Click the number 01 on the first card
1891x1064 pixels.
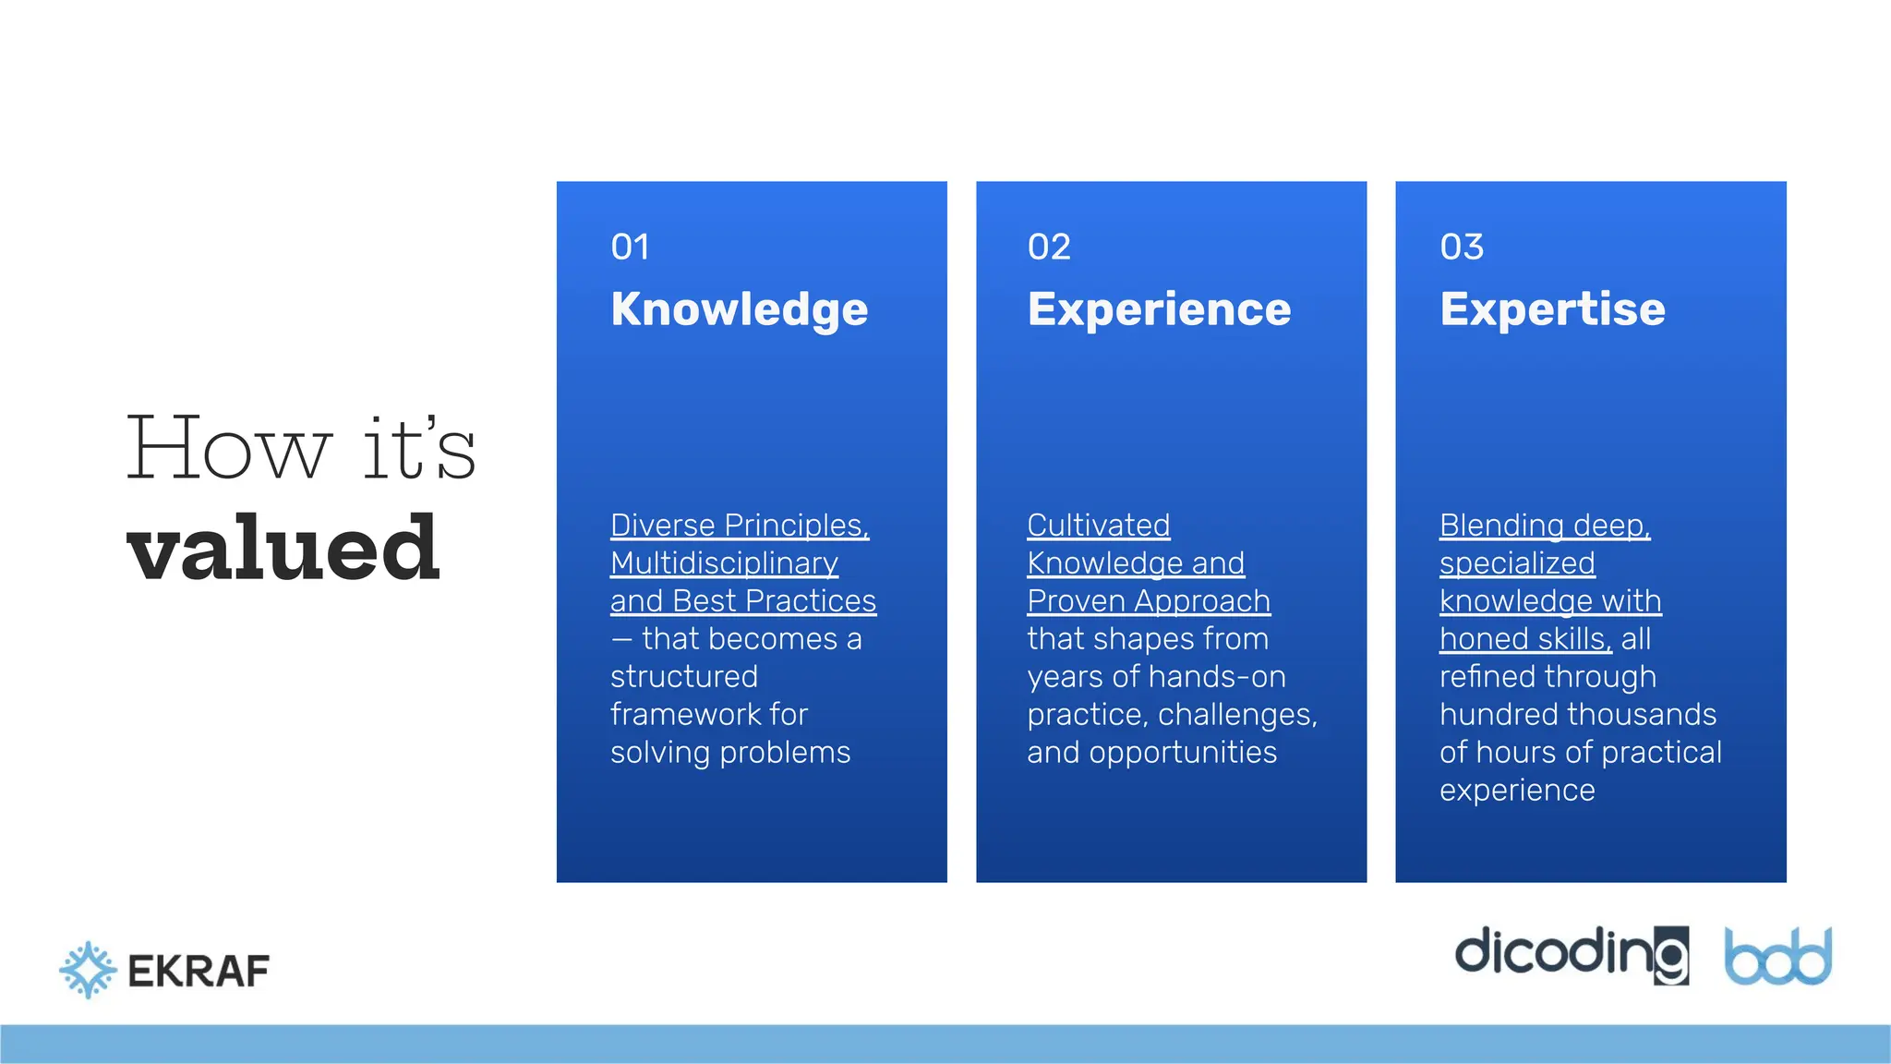pyautogui.click(x=630, y=247)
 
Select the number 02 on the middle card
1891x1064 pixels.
pyautogui.click(x=1049, y=247)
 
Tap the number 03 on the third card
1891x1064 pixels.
pyautogui.click(x=1462, y=247)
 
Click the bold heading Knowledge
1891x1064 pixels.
pyautogui.click(x=739, y=309)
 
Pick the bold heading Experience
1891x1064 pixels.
pyautogui.click(x=1159, y=309)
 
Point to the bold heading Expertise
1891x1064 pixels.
pyautogui.click(x=1552, y=309)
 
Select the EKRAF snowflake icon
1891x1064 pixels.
pyautogui.click(x=88, y=970)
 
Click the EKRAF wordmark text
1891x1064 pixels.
pyautogui.click(x=199, y=971)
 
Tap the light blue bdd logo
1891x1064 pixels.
pyautogui.click(x=1777, y=957)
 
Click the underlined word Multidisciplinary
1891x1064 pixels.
pyautogui.click(x=724, y=562)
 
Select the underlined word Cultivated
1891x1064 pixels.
pyautogui.click(x=1098, y=525)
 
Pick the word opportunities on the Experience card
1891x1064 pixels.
pyautogui.click(x=1183, y=752)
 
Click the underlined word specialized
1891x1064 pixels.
pyautogui.click(x=1517, y=562)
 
